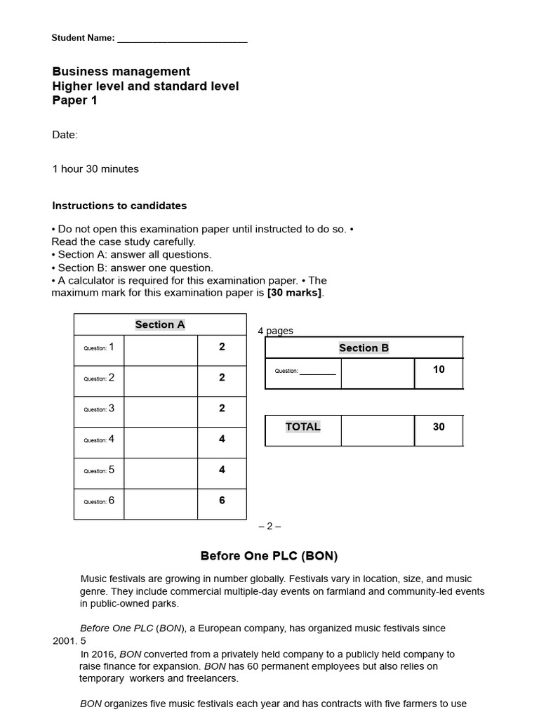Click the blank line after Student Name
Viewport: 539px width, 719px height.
[182, 39]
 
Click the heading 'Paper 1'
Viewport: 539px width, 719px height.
[75, 100]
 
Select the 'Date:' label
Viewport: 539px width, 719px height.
[65, 135]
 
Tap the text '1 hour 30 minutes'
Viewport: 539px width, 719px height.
[95, 169]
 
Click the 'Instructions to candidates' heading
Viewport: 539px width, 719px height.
[119, 206]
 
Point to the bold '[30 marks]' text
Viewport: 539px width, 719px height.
[295, 293]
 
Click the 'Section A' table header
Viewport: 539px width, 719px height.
[160, 324]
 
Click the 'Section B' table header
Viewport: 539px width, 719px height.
[364, 348]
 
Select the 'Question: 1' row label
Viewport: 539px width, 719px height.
[99, 348]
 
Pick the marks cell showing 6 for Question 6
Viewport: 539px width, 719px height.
[222, 501]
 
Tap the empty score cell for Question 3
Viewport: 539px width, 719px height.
[161, 409]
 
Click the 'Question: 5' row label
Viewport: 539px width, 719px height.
[99, 470]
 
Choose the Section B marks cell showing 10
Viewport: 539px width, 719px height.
[439, 369]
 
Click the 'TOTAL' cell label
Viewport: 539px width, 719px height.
[303, 427]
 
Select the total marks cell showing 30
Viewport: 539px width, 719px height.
[439, 427]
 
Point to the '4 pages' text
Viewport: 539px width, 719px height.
[276, 331]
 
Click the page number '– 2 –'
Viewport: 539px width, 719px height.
[269, 526]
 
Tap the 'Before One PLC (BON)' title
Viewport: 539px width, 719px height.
[269, 556]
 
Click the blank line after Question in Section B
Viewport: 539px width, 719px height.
[318, 372]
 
